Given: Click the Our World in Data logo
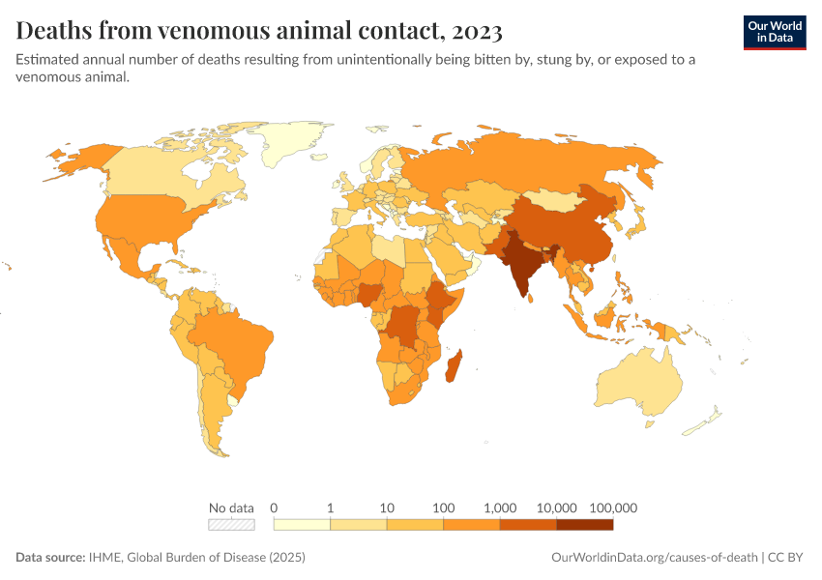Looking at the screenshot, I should pos(774,31).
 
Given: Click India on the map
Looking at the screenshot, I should pos(522,266).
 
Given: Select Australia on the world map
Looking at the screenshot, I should pos(638,382).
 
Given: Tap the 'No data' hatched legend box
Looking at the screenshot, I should pos(232,525).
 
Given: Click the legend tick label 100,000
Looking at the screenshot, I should pos(613,507).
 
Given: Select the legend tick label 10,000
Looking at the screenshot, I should pos(557,507).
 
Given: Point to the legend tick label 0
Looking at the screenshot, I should pos(275,507).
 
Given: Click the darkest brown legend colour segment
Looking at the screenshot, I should pos(585,525).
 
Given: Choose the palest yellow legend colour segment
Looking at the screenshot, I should pos(303,525).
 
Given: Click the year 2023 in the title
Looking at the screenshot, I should pos(476,31).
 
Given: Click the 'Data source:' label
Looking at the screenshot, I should pos(49,558).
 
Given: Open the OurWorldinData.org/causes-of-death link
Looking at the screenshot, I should pos(654,558).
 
